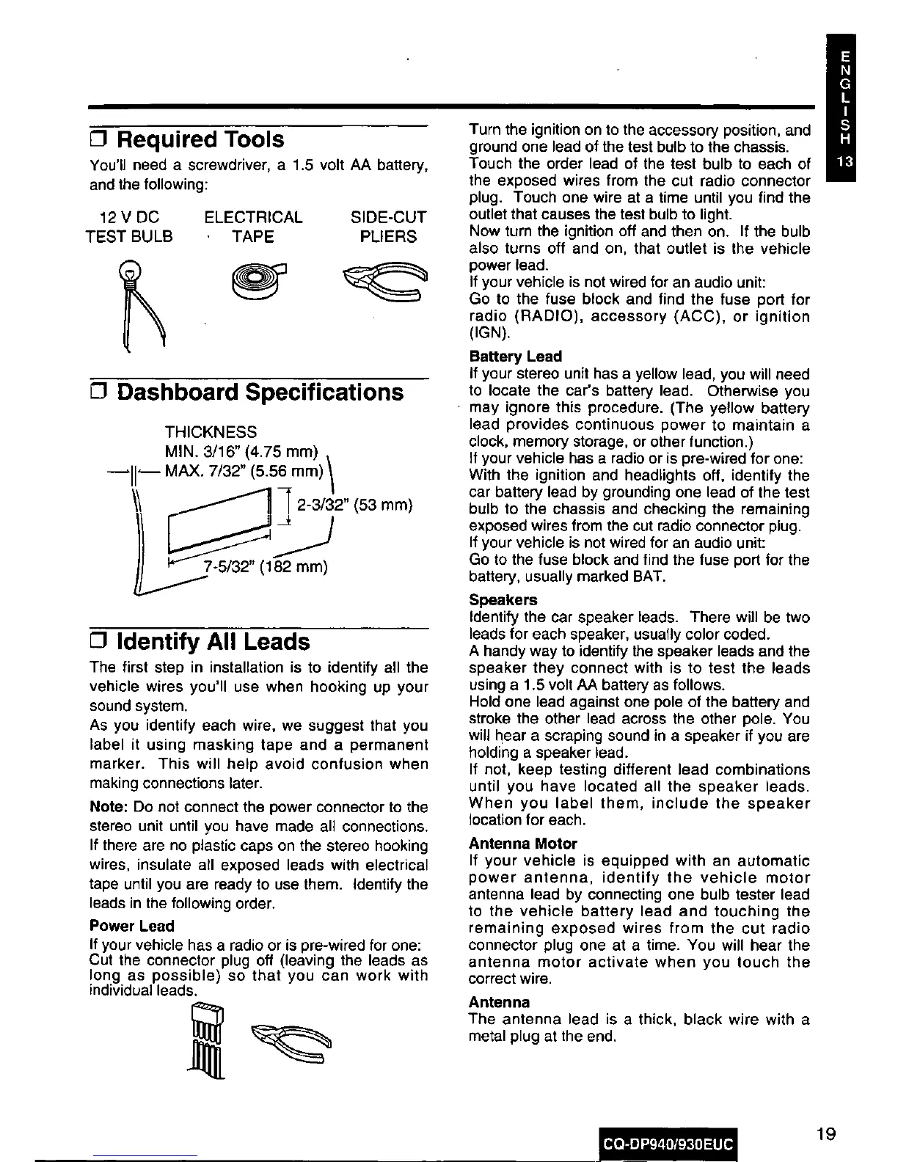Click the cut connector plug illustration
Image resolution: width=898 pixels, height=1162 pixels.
pyautogui.click(x=206, y=1039)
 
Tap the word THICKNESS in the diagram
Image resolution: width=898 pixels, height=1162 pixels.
pyautogui.click(x=211, y=431)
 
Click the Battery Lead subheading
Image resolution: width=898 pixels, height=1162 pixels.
pyautogui.click(x=515, y=357)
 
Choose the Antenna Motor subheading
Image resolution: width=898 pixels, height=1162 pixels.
pyautogui.click(x=523, y=844)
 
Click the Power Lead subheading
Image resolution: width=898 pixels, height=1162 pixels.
pyautogui.click(x=131, y=926)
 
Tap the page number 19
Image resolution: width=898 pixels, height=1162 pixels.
pyautogui.click(x=825, y=1133)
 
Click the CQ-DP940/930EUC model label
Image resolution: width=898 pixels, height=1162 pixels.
pyautogui.click(x=668, y=1144)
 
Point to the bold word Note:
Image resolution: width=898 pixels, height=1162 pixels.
pyautogui.click(x=109, y=807)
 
